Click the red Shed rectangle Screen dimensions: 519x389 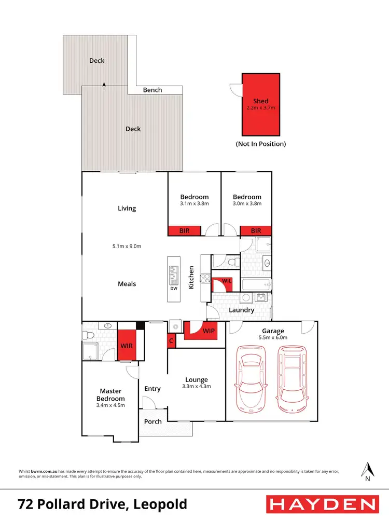point(261,104)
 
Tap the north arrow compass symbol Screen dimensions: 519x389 point(367,472)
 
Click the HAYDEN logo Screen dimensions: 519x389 point(322,504)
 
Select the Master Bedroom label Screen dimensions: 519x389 point(110,394)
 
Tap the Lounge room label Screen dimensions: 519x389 point(196,379)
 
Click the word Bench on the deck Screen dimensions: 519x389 point(152,90)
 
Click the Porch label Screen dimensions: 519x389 point(152,421)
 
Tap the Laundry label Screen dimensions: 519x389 point(242,310)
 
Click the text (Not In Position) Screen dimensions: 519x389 point(261,144)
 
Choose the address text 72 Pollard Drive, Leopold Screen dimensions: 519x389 point(102,504)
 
